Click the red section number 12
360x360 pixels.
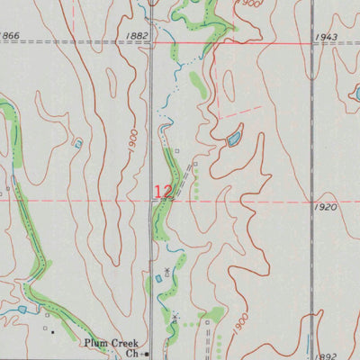tap(163, 191)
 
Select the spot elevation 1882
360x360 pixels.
tap(138, 35)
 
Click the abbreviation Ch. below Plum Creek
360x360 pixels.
tap(131, 354)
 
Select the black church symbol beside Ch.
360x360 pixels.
tap(147, 354)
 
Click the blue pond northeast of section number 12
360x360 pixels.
tap(234, 139)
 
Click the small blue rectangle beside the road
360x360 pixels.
tap(159, 279)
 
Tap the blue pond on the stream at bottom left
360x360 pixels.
tap(22, 310)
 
